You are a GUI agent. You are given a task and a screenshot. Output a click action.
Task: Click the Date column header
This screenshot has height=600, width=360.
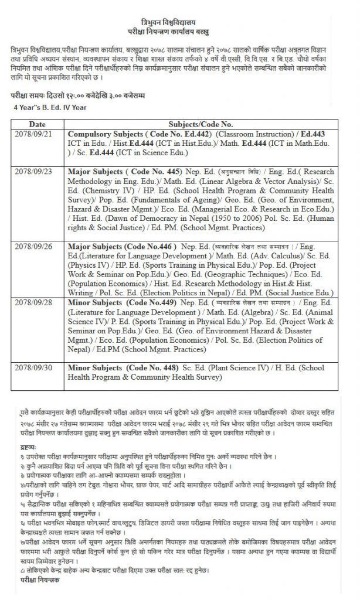tap(37, 124)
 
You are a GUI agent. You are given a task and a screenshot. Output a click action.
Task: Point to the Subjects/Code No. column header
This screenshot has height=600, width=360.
tap(201, 124)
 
